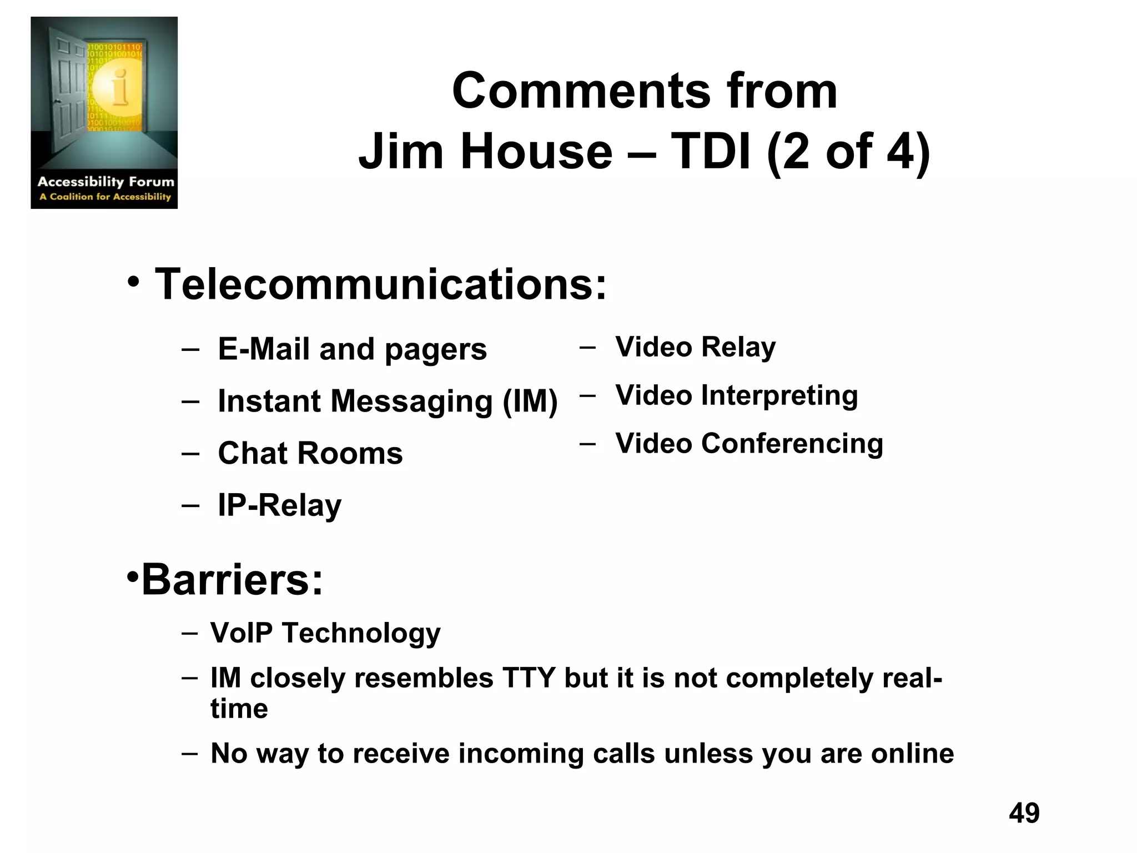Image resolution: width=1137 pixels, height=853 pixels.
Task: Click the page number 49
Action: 1024,813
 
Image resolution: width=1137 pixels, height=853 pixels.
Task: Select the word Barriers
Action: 232,580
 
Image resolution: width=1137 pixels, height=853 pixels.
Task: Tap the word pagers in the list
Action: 435,350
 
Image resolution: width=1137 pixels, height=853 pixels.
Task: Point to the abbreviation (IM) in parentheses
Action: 530,402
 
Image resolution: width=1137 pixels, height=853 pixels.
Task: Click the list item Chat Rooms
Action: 310,453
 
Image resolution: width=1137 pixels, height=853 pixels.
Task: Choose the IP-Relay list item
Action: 279,505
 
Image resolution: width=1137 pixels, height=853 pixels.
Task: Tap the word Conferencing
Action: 792,444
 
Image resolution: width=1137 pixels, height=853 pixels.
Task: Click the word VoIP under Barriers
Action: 242,633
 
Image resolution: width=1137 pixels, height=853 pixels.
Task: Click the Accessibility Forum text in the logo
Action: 105,182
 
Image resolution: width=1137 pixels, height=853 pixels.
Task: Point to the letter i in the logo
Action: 119,89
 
